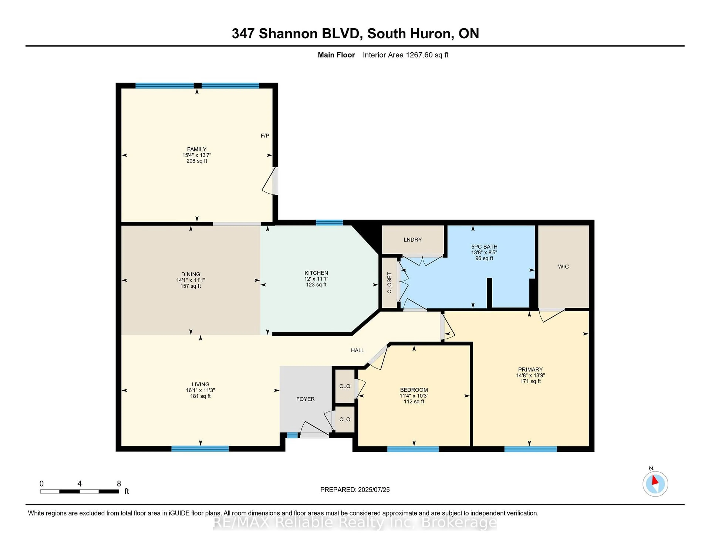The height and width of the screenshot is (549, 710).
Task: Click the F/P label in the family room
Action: click(265, 136)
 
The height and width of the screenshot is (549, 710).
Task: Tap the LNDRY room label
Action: click(413, 240)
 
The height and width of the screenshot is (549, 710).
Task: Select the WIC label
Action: click(563, 267)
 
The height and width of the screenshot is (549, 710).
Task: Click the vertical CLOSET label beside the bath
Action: click(389, 283)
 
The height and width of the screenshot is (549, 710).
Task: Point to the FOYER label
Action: click(305, 399)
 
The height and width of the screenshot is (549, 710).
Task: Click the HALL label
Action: click(357, 350)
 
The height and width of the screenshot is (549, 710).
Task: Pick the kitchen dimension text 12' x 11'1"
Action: click(316, 279)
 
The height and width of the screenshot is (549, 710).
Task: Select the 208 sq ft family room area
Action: click(197, 161)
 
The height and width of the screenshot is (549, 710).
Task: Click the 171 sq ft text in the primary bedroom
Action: click(530, 381)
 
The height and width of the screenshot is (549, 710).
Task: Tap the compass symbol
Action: click(655, 484)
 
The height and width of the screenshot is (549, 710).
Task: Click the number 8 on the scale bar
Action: click(119, 484)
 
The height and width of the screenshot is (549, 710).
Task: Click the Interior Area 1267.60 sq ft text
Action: click(405, 55)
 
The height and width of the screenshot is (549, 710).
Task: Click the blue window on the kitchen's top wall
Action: click(329, 223)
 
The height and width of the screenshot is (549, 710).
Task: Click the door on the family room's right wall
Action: click(275, 181)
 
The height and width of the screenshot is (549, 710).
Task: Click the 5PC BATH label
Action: click(484, 247)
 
